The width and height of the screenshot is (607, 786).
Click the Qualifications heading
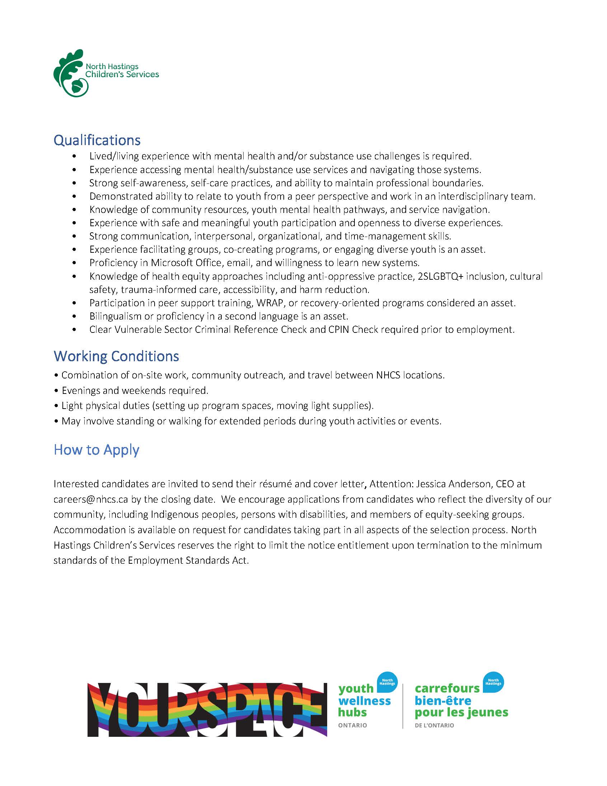tap(97, 140)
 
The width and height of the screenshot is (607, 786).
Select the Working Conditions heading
tap(116, 356)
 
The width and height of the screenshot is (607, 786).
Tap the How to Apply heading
tap(97, 450)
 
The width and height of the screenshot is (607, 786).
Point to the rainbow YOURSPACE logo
tap(207, 710)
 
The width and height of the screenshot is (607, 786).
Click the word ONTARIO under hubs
tap(352, 726)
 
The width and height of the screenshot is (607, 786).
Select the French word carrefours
tap(447, 688)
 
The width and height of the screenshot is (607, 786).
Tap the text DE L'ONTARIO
tap(434, 726)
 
